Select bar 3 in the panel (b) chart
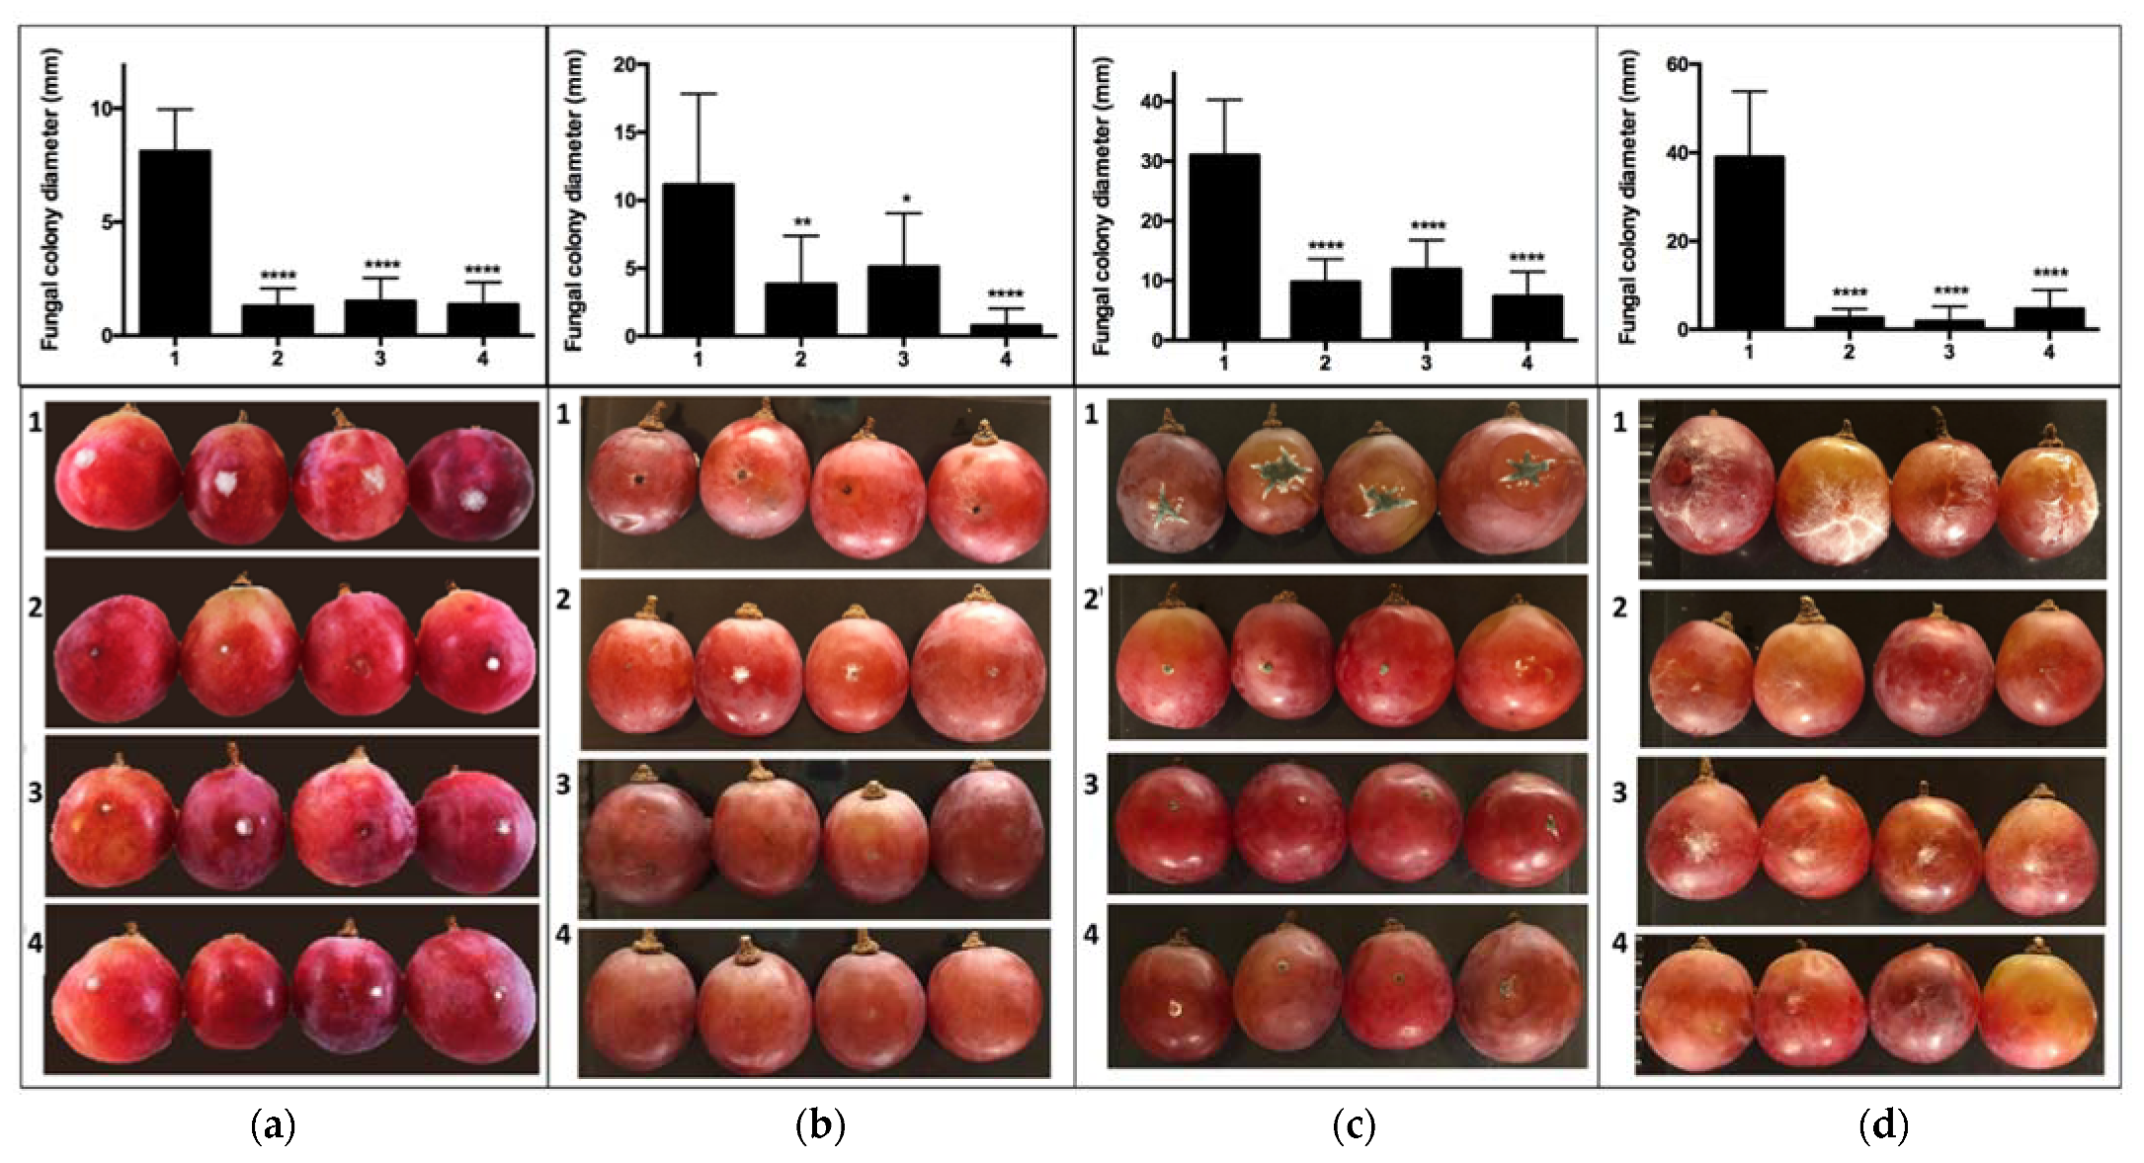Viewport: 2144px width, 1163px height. (903, 300)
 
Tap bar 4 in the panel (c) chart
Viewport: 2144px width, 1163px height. (1526, 317)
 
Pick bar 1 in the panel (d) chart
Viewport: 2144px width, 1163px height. (1749, 242)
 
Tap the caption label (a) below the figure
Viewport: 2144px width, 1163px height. (273, 1125)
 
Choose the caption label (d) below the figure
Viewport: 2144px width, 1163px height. (1883, 1125)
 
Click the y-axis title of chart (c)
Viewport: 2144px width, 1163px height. (1103, 206)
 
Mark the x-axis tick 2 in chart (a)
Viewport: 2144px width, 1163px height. (278, 360)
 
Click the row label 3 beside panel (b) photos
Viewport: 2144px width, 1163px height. (562, 786)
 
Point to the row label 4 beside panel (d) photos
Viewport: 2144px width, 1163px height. (1619, 944)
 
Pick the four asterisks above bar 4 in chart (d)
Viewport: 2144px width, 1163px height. (2049, 274)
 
